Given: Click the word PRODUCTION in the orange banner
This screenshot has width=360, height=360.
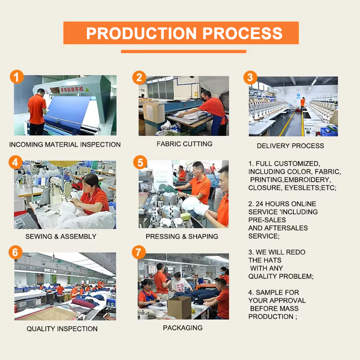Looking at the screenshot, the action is [x=141, y=33].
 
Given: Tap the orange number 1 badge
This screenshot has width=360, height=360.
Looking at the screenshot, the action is [x=17, y=76].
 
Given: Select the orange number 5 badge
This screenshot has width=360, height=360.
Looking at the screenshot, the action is [x=140, y=162].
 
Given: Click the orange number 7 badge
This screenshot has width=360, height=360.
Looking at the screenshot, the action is [x=139, y=252].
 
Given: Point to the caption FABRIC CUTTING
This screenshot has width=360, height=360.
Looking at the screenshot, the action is [x=184, y=144].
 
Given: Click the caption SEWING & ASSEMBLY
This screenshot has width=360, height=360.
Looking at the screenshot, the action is [x=61, y=237].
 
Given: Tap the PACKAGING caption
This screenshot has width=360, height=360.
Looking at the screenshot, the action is [x=183, y=328].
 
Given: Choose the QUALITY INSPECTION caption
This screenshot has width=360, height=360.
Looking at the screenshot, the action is [x=62, y=329].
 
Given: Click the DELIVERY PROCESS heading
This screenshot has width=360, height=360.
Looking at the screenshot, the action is [x=290, y=146].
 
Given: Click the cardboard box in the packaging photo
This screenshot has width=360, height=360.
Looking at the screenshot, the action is [x=179, y=307].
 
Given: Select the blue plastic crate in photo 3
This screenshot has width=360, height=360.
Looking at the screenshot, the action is [x=329, y=132].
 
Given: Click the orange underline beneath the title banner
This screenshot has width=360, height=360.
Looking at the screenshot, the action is [x=184, y=51].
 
